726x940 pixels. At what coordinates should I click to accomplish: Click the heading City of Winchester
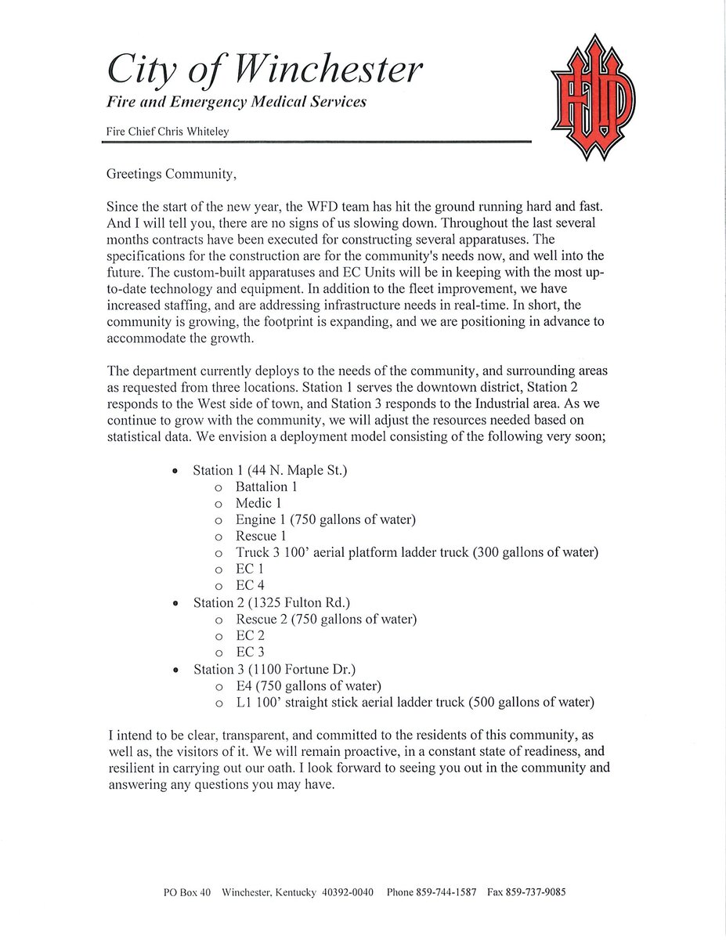tap(264, 70)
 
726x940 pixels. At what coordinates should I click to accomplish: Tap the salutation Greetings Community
tap(171, 174)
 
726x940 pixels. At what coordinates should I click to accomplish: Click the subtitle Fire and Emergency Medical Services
tap(237, 102)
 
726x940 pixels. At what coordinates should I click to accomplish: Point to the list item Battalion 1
tap(266, 486)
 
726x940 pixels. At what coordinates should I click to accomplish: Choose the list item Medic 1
tap(258, 503)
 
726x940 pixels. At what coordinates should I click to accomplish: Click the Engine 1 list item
tap(325, 519)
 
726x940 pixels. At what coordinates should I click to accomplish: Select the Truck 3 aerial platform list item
tap(417, 552)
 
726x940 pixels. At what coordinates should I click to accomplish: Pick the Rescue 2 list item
tap(326, 619)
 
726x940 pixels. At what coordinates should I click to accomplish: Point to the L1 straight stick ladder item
tap(415, 702)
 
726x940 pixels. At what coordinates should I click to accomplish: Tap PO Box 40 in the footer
tap(187, 892)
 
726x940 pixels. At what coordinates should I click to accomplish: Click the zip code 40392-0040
tap(348, 892)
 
